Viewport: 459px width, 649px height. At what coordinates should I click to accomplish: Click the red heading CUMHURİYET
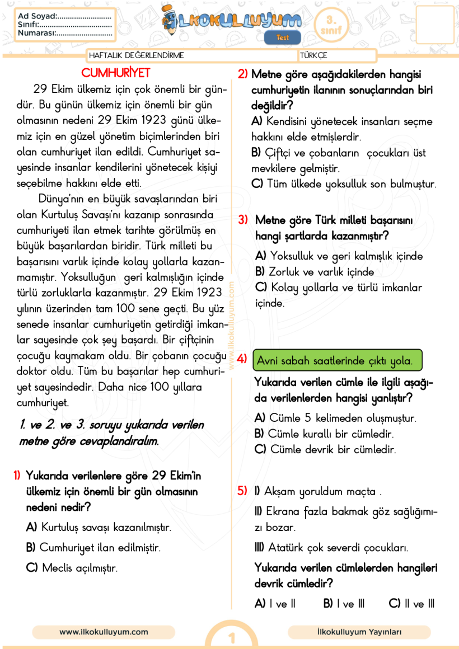point(116,73)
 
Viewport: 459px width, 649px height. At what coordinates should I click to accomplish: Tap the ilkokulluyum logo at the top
point(232,21)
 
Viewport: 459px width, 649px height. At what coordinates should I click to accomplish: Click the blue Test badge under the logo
point(283,37)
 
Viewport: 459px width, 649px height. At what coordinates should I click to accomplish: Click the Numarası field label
point(37,33)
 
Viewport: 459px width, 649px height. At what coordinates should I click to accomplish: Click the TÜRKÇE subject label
point(313,55)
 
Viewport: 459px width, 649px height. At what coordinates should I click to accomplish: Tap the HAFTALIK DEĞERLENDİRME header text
point(137,55)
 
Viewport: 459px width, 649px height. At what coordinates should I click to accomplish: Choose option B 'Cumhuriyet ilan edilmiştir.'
point(93,547)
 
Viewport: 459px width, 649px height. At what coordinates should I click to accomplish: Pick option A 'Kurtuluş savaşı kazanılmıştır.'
point(99,527)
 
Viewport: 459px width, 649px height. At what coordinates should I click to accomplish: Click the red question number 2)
point(243,74)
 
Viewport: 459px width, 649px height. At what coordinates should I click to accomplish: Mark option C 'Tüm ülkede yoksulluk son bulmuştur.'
point(344,184)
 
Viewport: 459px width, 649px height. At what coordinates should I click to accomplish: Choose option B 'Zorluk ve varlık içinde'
point(315,272)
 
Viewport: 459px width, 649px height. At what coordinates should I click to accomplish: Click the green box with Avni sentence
point(338,361)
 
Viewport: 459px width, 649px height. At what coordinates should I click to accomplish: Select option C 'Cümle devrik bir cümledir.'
point(325,449)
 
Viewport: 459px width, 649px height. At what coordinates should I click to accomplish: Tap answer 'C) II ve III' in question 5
point(411,604)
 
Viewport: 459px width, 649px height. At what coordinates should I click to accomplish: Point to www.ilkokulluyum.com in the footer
point(104,632)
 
